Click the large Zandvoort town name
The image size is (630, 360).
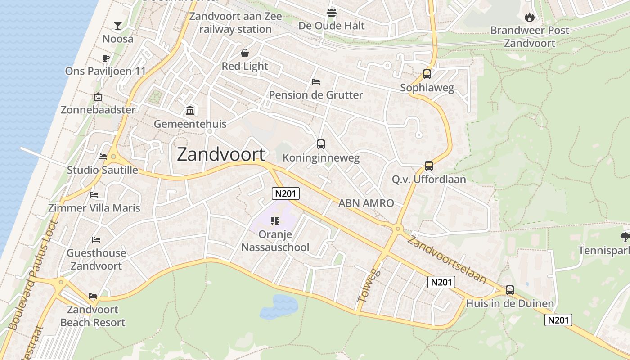[x=221, y=154]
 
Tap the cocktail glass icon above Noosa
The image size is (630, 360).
[x=118, y=25]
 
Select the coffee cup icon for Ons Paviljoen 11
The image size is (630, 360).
[x=106, y=58]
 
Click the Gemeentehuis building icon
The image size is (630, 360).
[x=190, y=110]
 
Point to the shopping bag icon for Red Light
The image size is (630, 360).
[x=245, y=53]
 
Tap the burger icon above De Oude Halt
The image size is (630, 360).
[x=332, y=12]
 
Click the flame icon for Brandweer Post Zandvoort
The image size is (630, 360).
[x=530, y=17]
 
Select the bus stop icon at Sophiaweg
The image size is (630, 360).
[x=427, y=74]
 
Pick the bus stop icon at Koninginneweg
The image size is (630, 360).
[x=320, y=144]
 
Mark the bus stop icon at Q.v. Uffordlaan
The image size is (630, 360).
[x=429, y=166]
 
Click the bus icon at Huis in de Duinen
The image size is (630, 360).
[x=509, y=290]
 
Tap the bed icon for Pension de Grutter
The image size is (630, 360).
[x=316, y=82]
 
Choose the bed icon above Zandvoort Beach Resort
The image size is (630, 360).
[x=93, y=296]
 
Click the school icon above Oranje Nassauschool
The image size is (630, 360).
[x=275, y=220]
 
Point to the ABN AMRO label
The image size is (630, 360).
[x=366, y=203]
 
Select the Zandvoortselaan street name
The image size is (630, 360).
[x=447, y=260]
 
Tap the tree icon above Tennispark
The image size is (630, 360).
[x=625, y=237]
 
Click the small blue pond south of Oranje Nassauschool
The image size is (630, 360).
[x=279, y=307]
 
